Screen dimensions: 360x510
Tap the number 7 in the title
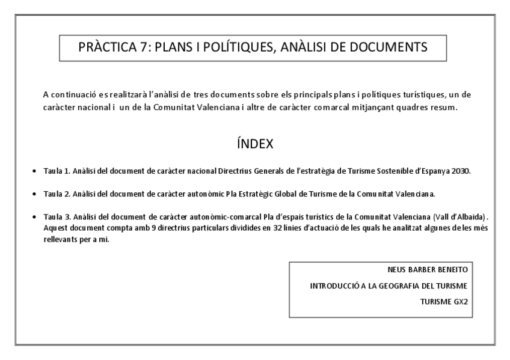pos(145,47)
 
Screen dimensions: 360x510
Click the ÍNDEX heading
pos(255,144)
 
